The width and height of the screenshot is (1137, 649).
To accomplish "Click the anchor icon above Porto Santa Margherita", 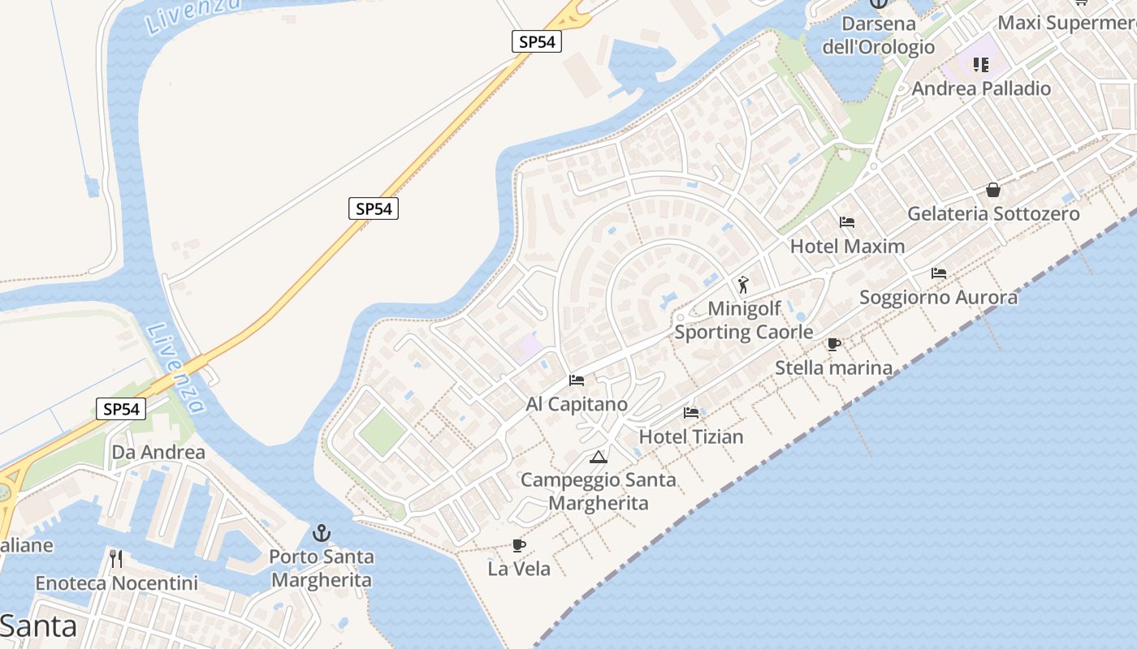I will (x=322, y=533).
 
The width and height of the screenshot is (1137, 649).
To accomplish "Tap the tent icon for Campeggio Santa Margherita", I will (x=599, y=457).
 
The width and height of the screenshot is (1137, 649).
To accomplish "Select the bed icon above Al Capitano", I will (x=577, y=380).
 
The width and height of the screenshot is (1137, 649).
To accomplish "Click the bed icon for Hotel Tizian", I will (x=691, y=412).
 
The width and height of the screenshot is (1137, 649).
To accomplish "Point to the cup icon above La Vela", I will (x=519, y=545).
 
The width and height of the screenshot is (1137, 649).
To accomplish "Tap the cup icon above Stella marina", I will (x=833, y=344).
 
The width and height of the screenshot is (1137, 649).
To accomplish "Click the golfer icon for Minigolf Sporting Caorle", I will (x=743, y=285).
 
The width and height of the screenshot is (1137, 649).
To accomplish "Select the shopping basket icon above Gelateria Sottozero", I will (x=992, y=190).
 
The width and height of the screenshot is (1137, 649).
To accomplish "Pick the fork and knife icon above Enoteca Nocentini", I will (x=116, y=558).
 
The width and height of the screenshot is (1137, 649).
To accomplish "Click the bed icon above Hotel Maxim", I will (x=847, y=221).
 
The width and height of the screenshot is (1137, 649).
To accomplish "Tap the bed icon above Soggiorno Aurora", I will (x=939, y=273).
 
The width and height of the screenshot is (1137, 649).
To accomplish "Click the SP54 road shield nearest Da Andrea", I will (x=122, y=409).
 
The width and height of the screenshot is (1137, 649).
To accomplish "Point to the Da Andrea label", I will (x=158, y=452).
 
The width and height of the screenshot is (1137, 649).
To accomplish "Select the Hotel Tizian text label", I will (x=691, y=436).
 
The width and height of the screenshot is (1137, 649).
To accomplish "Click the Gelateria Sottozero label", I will (x=993, y=213).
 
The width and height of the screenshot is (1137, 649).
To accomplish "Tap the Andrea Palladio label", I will (x=981, y=88).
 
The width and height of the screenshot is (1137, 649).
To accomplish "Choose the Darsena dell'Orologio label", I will (x=879, y=35).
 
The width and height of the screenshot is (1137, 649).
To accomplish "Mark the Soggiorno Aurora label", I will (x=938, y=297).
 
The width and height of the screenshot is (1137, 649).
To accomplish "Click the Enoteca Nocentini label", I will (x=116, y=583).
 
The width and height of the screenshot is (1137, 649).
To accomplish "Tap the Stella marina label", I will (x=833, y=367).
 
